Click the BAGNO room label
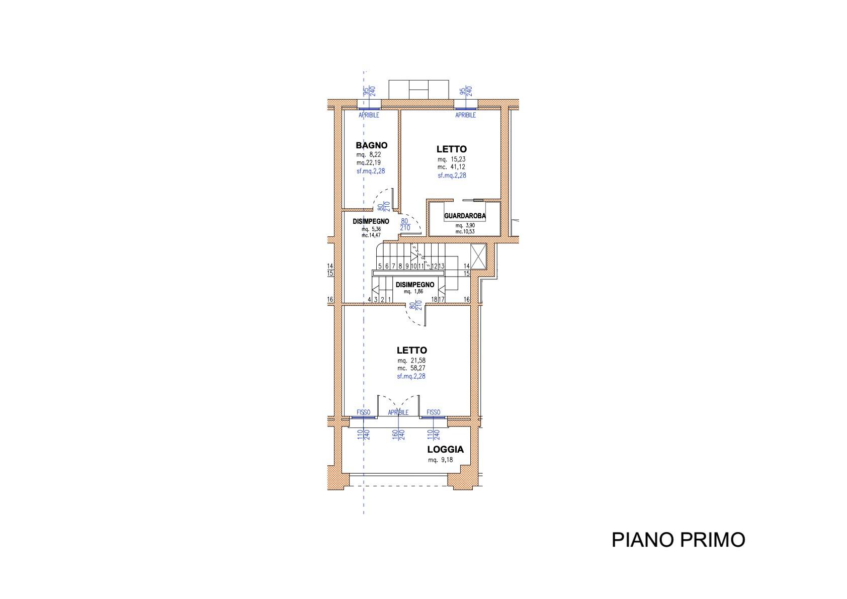371,145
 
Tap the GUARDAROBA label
465,216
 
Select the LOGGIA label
446,449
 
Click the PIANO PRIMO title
679,540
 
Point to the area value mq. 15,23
452,159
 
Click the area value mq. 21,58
411,361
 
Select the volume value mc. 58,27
411,368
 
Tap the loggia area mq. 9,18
440,460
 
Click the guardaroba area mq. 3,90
465,225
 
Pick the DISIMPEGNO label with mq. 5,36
371,222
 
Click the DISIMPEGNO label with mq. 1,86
415,285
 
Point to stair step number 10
413,266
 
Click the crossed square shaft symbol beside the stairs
478,257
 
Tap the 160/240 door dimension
398,435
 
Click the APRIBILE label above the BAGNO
369,115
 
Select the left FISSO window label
363,412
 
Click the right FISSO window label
434,412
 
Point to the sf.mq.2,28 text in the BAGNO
371,171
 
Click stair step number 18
435,300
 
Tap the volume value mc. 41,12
452,167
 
